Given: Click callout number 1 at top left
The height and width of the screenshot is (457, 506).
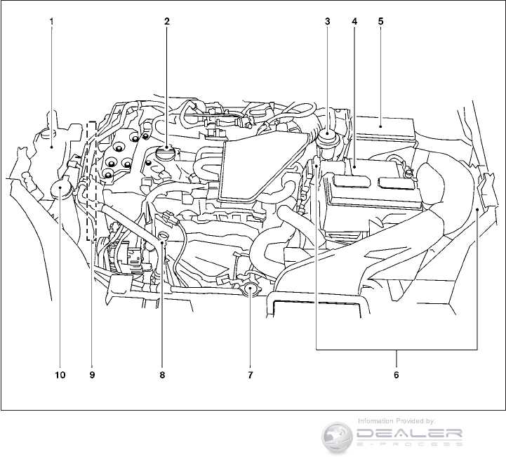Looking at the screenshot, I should click(x=51, y=21).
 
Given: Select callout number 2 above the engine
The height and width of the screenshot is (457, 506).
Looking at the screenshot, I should click(x=166, y=21).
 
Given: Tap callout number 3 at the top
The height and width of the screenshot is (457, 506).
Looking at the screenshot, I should click(x=328, y=21).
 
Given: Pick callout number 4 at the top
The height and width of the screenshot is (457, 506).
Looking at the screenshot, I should click(x=354, y=21).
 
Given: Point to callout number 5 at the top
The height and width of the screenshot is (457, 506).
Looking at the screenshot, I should click(x=380, y=21).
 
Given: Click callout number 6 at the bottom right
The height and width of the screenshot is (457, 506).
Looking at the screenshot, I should click(x=397, y=375).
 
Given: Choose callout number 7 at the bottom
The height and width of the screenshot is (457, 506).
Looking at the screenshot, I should click(x=250, y=375).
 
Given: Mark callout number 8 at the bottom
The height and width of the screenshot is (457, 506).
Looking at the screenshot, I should click(x=162, y=375).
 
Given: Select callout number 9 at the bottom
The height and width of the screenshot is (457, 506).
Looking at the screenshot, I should click(x=92, y=375).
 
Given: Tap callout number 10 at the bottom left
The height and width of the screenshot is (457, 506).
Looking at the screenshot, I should click(x=60, y=375).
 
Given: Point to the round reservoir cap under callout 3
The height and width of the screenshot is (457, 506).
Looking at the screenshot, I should click(x=328, y=135).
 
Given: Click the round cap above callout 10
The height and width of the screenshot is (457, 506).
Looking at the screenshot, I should click(x=61, y=188).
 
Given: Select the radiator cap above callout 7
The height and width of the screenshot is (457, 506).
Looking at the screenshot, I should click(x=250, y=289).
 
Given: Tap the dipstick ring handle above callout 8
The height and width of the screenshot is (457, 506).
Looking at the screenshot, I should click(x=162, y=236).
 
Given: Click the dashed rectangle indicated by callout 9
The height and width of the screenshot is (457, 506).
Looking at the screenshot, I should click(x=91, y=183).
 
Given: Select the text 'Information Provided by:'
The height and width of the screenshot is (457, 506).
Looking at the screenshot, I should click(x=397, y=420).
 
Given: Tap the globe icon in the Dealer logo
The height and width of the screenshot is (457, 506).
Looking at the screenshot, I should click(x=337, y=435).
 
